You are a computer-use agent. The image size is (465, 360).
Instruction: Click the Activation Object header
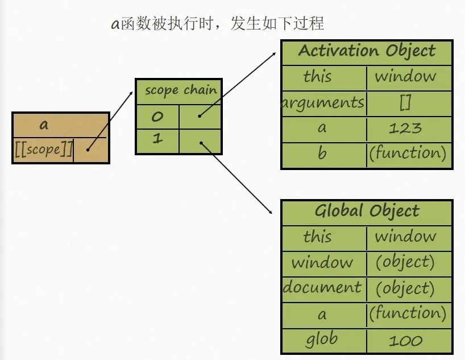[367, 52]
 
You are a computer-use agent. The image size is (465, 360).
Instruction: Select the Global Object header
[367, 212]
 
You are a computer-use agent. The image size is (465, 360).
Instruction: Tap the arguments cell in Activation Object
[323, 103]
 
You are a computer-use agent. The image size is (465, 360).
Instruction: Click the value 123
[405, 128]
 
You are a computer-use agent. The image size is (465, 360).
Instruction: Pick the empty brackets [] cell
[405, 103]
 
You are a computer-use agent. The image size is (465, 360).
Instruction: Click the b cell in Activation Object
[322, 153]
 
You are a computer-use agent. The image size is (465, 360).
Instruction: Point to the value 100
[406, 341]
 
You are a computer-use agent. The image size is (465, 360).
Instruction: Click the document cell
[322, 288]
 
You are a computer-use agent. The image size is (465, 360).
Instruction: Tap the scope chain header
[180, 90]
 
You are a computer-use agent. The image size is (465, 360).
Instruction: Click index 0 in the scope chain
[157, 117]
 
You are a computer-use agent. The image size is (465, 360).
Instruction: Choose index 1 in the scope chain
[157, 140]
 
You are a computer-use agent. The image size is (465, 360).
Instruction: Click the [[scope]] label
[43, 150]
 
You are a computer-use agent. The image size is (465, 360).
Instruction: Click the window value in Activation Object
[405, 76]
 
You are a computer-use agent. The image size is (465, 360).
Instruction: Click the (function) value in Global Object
[407, 313]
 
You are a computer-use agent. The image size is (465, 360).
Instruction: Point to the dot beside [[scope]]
[88, 150]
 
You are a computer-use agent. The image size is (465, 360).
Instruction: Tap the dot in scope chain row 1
[201, 142]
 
